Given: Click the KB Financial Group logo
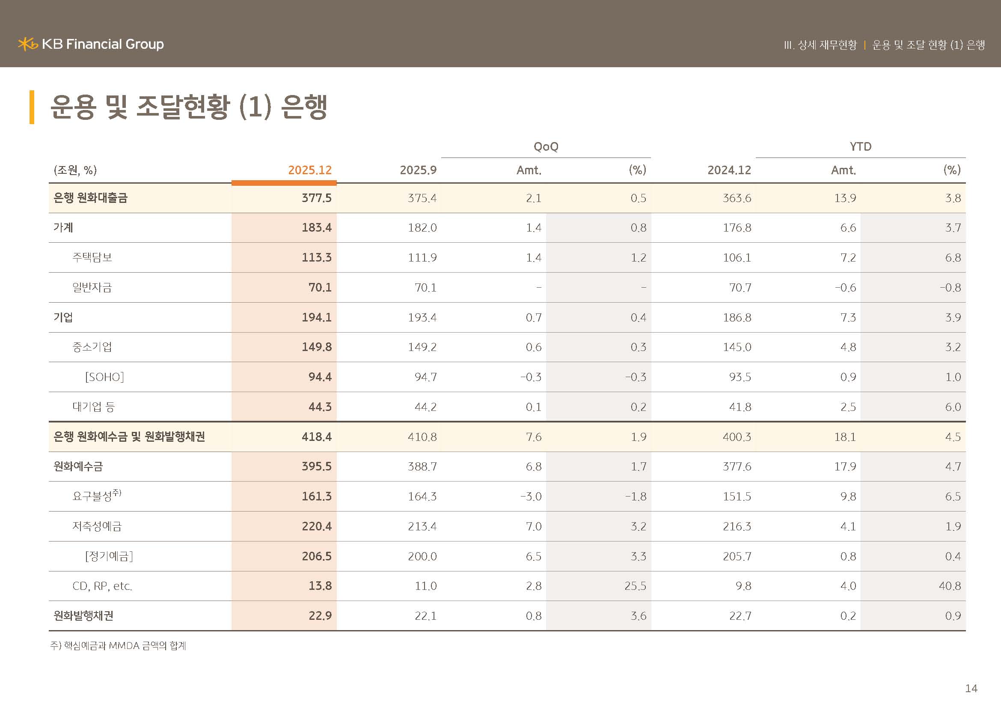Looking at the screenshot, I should click(91, 44).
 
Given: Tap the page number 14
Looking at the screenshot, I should click(971, 688).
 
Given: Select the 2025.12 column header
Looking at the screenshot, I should click(309, 170).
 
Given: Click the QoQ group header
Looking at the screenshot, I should click(546, 146).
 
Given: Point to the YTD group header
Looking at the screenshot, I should click(860, 146).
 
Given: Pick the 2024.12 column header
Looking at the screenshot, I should click(729, 170).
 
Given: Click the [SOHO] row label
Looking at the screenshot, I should click(104, 377).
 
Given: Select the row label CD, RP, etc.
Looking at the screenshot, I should click(102, 586).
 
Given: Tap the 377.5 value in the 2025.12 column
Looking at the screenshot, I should click(317, 198).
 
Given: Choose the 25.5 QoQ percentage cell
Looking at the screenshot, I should click(635, 586).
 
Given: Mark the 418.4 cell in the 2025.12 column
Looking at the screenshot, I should click(317, 437).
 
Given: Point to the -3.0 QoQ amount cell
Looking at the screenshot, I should click(531, 497).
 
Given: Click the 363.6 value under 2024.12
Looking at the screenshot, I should click(737, 198).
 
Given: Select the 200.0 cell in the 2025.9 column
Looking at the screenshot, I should click(422, 556).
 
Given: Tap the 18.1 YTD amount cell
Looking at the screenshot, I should click(845, 437).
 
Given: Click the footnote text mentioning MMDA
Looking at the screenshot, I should click(118, 646).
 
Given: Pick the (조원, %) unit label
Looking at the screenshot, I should click(75, 170).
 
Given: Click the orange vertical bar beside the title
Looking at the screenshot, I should click(32, 107).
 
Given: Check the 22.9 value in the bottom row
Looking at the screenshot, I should click(320, 616).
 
